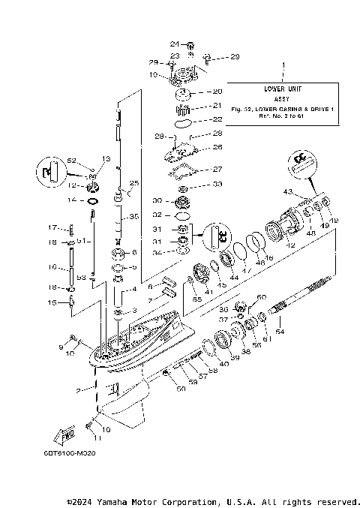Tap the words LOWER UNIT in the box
(283, 89)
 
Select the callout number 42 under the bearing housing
(290, 246)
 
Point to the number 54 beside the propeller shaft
(281, 331)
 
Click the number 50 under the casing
(180, 389)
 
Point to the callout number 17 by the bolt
(53, 227)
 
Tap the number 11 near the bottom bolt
(96, 437)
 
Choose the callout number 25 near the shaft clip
(135, 183)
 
